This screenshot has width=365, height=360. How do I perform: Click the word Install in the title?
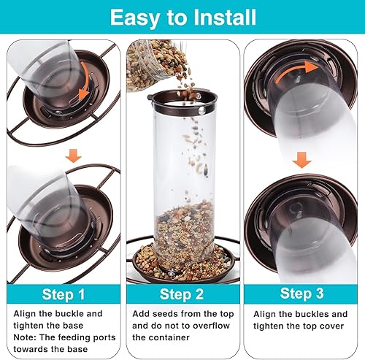[224, 17]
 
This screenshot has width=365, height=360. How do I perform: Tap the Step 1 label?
[64, 294]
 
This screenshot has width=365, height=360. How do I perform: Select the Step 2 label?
[182, 294]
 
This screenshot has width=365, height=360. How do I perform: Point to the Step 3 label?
[301, 294]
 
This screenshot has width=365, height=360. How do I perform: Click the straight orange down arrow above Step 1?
[74, 156]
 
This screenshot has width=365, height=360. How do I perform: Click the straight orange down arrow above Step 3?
[302, 160]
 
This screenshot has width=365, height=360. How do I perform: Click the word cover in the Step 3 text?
[332, 326]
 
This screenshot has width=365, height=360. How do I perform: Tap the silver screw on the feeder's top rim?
[201, 111]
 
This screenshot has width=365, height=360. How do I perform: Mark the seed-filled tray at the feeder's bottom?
[182, 264]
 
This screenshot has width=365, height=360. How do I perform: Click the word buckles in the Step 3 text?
[310, 314]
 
